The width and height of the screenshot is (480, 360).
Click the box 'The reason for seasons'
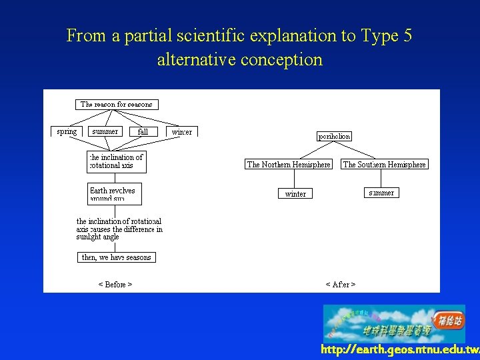(117, 104)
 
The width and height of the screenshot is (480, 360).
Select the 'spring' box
(67, 131)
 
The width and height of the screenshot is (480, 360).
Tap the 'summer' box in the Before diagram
(105, 131)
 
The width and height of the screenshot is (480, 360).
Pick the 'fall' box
(143, 132)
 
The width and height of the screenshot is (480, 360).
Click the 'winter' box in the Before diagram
(181, 132)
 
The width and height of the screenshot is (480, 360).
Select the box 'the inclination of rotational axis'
(117, 161)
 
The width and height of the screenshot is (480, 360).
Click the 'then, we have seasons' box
(117, 257)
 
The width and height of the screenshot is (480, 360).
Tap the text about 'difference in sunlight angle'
(119, 229)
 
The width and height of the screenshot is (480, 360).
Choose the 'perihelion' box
(334, 136)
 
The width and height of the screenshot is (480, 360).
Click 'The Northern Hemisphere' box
(289, 165)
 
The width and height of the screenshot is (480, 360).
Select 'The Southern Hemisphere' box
(385, 165)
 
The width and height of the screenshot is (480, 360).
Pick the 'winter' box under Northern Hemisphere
(295, 194)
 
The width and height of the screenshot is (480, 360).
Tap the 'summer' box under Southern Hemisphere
(381, 193)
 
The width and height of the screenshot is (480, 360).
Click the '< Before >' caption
(115, 285)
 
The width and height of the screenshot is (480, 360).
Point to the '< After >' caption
(340, 285)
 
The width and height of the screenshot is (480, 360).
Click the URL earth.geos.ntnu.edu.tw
(399, 350)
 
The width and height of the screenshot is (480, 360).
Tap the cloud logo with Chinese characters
(394, 323)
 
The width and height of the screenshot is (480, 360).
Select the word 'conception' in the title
(282, 59)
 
